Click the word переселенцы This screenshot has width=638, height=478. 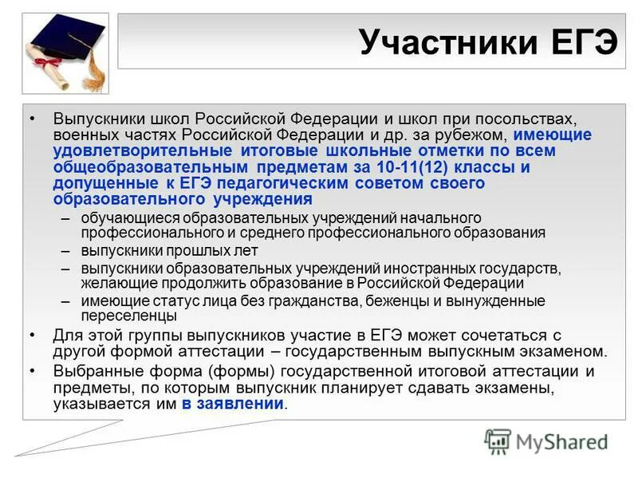128,315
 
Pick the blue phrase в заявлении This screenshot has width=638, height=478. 232,404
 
